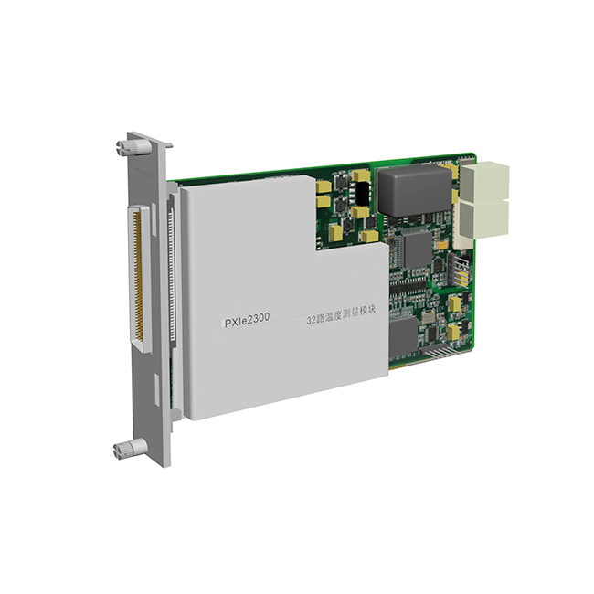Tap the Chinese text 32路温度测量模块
341,314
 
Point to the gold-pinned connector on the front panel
140,279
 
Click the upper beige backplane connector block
484,181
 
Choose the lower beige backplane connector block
483,224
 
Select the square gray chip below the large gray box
418,249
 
